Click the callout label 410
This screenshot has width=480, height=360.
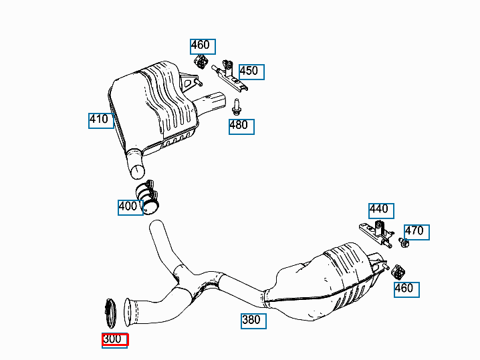click(x=101, y=121)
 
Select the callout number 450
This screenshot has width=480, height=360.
click(x=251, y=72)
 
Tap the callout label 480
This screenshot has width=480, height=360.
click(x=241, y=127)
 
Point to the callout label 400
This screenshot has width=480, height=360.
click(x=130, y=208)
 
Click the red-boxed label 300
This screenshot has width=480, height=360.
click(x=115, y=341)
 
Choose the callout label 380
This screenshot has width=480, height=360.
click(x=253, y=321)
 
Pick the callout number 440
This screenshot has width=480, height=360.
click(x=381, y=211)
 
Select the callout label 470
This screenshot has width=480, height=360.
click(x=416, y=232)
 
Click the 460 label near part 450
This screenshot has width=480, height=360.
click(x=203, y=47)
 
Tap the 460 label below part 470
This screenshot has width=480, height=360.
click(x=406, y=290)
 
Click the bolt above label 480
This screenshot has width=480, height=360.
click(x=236, y=107)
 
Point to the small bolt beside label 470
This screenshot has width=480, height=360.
click(x=404, y=242)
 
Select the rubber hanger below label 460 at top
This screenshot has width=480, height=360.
click(x=200, y=62)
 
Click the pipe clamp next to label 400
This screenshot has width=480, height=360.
click(x=148, y=197)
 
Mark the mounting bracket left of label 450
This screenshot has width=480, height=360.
click(x=229, y=76)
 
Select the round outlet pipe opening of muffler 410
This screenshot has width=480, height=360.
click(x=137, y=172)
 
